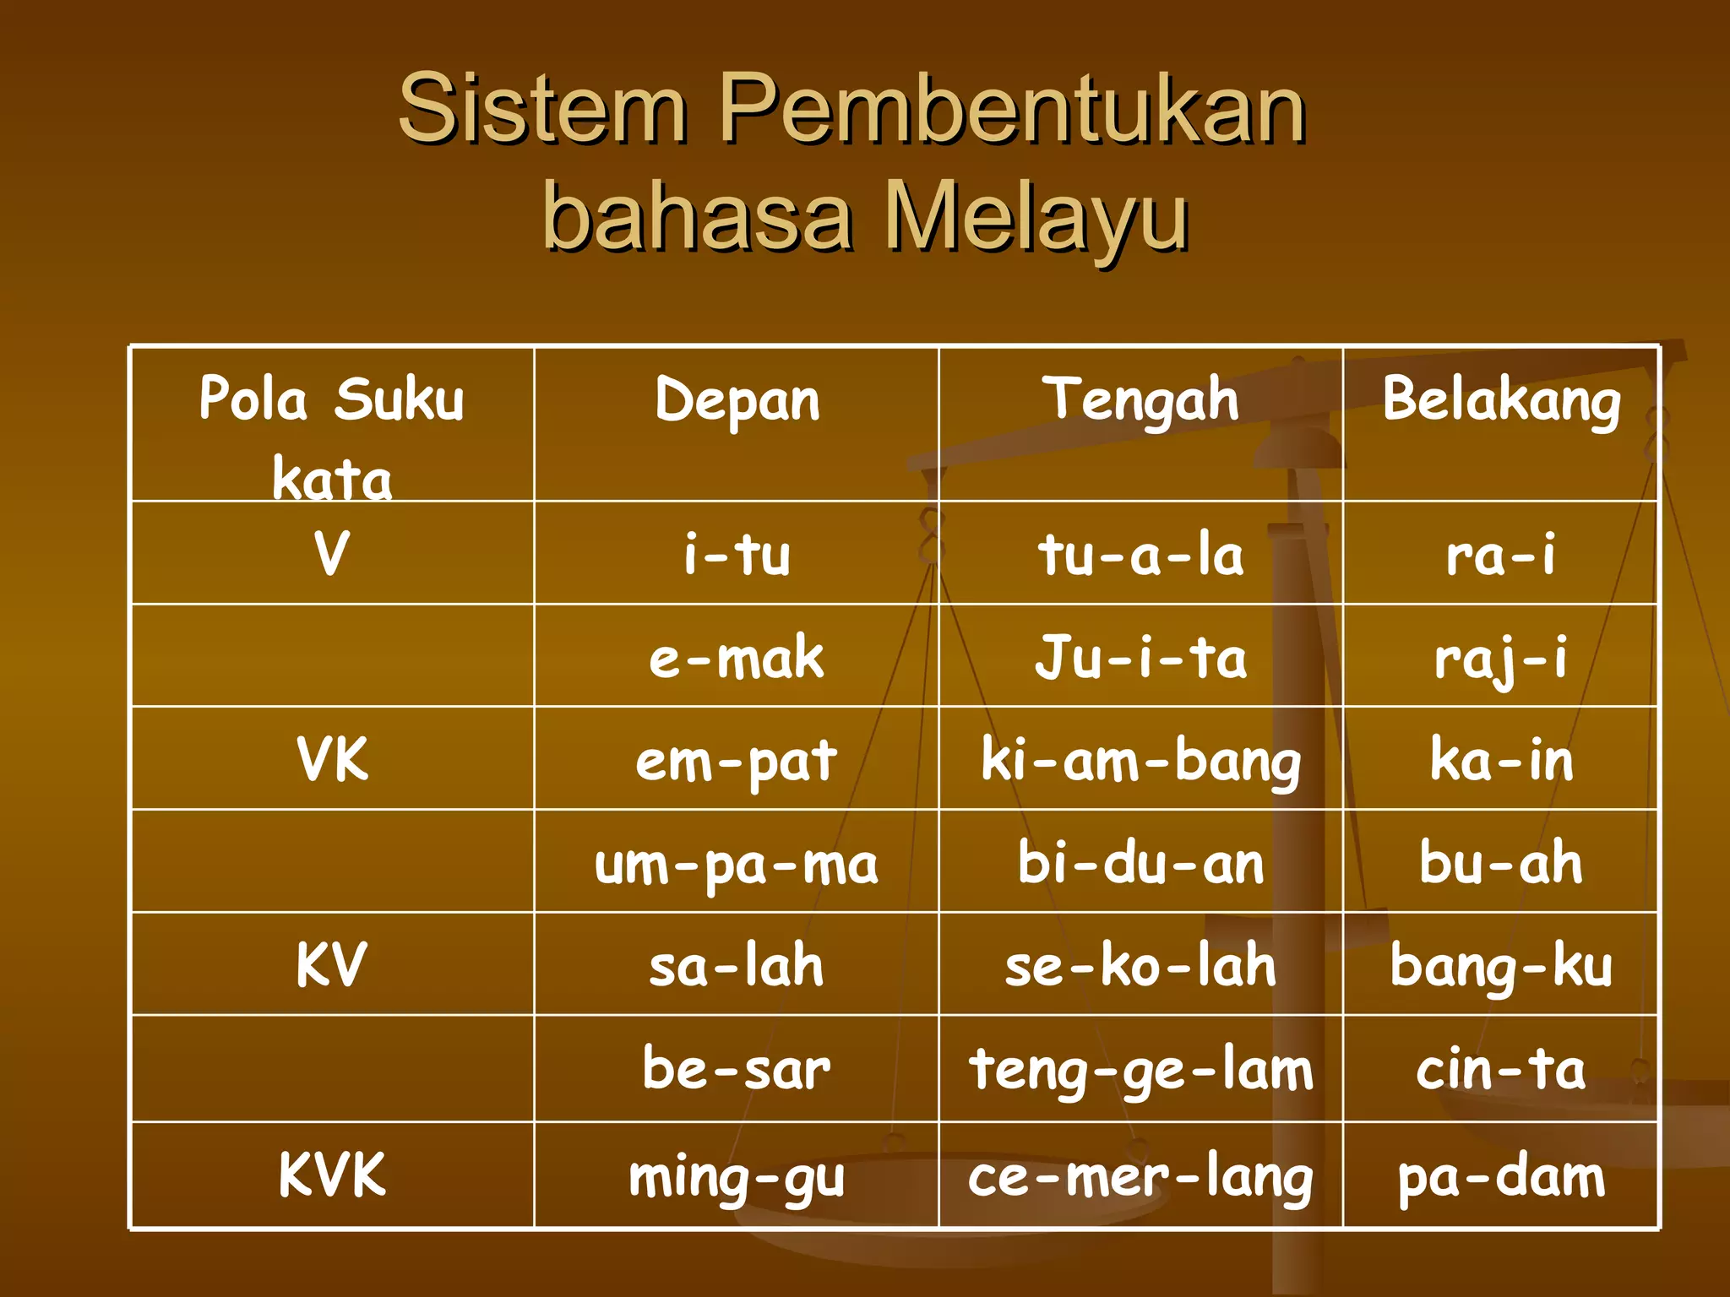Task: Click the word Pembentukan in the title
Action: tap(1012, 110)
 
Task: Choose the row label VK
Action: tap(332, 759)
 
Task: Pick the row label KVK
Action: tap(332, 1175)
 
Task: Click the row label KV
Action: tap(332, 964)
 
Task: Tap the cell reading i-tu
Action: tap(737, 555)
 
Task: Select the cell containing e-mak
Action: tap(737, 658)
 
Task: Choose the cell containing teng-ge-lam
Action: tap(1140, 1070)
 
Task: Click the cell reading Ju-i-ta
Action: tap(1140, 658)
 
